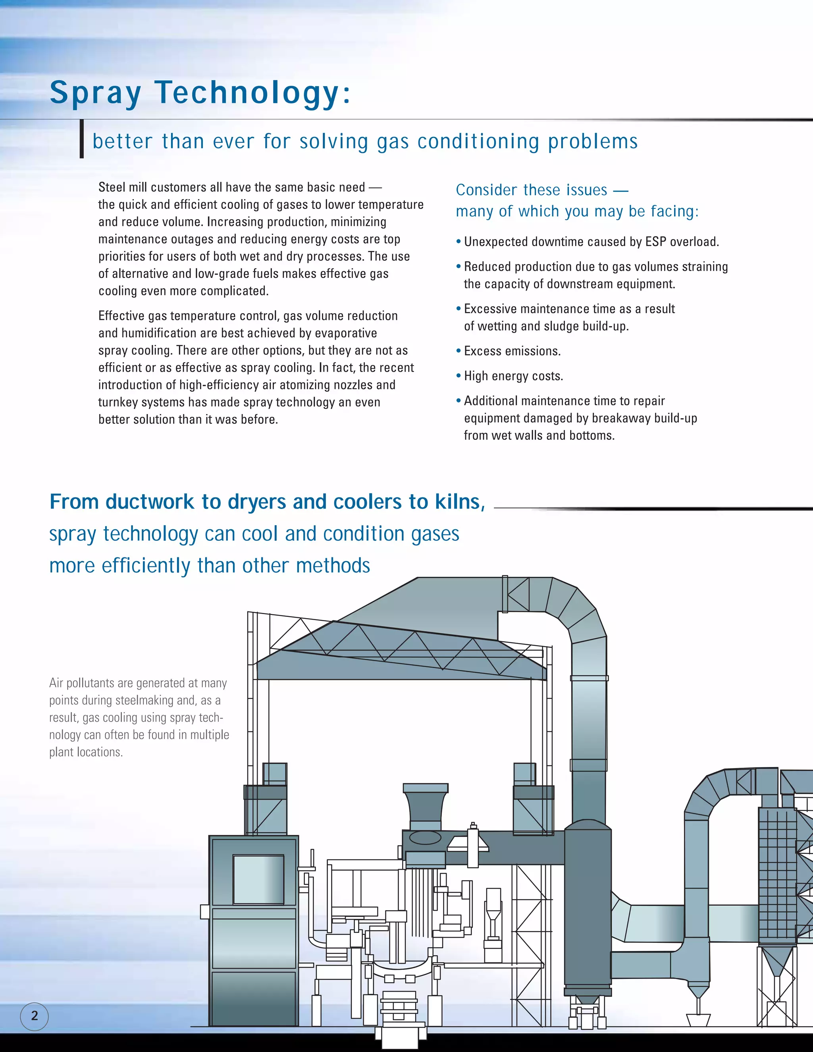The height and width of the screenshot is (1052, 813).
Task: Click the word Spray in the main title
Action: [x=95, y=92]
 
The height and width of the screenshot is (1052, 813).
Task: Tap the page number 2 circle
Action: [x=34, y=1016]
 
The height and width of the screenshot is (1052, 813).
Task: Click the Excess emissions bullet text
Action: [x=512, y=351]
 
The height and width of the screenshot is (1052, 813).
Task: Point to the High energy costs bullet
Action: [x=513, y=376]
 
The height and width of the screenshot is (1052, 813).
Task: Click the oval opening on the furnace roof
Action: [x=425, y=838]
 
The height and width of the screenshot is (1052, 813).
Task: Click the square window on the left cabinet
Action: [x=258, y=880]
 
